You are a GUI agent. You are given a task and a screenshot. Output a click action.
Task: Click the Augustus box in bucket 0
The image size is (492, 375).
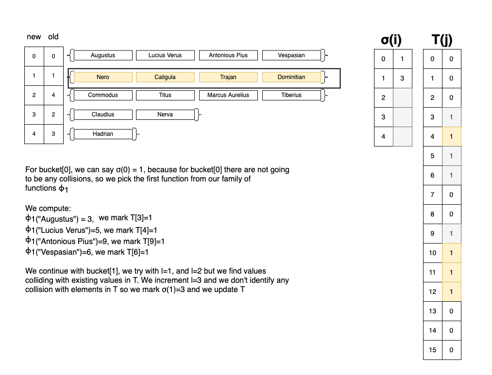(103, 55)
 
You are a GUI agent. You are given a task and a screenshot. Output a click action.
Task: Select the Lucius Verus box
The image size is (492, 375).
(165, 55)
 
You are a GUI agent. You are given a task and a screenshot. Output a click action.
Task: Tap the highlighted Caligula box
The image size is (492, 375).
(165, 77)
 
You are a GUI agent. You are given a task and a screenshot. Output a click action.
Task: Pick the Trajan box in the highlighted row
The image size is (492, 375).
(228, 77)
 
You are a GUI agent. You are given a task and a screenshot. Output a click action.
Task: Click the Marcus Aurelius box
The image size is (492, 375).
(228, 95)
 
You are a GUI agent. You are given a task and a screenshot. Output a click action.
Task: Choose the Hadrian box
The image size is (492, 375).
(103, 134)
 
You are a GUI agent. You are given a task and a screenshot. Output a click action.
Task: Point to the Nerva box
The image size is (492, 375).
(165, 114)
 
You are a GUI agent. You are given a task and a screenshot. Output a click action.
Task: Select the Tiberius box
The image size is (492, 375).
(291, 95)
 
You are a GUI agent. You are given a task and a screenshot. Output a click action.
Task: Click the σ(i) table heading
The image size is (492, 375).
(391, 40)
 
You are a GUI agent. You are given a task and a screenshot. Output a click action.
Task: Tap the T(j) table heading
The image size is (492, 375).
(442, 40)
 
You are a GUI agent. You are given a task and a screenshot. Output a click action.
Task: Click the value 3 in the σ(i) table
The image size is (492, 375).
(402, 79)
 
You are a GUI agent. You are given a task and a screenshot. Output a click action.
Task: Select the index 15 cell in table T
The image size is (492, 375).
(433, 350)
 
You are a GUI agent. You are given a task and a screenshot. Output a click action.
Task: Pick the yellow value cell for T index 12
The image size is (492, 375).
(451, 292)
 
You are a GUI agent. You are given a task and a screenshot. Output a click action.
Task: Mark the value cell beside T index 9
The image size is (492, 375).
(451, 233)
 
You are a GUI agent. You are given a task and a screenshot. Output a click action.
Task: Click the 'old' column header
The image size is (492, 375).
(53, 37)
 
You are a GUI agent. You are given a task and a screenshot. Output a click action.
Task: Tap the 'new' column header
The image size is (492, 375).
(34, 37)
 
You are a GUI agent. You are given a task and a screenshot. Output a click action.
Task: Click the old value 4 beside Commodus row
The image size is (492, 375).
(53, 95)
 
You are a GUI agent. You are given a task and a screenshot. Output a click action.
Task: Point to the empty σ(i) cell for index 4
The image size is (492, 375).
(402, 136)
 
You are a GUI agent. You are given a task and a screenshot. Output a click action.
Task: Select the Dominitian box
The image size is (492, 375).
(291, 77)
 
